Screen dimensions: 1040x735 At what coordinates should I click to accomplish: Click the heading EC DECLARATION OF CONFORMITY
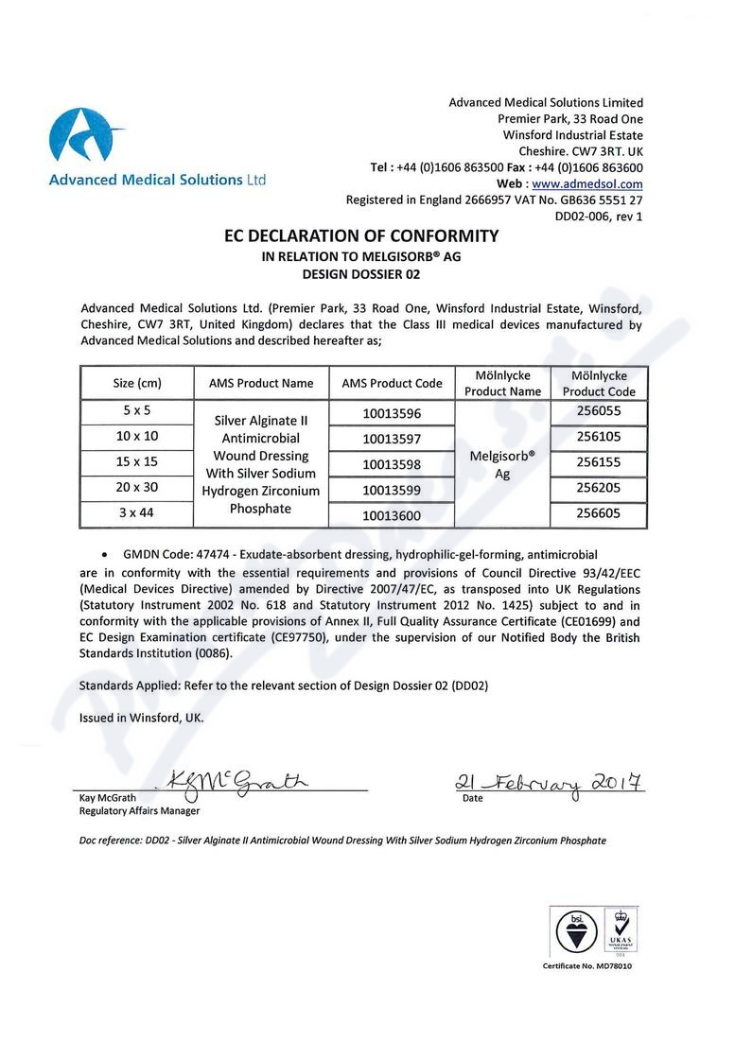360,235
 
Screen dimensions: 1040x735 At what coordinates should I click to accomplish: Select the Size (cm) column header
137,383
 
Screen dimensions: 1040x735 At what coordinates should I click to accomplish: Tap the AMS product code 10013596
392,413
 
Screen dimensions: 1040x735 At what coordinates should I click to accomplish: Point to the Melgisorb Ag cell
502,464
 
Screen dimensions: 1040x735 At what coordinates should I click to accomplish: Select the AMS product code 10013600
392,515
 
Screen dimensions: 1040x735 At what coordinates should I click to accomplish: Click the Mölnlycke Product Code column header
599,383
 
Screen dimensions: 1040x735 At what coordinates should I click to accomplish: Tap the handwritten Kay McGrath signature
236,783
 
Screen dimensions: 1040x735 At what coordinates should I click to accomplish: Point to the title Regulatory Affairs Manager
139,810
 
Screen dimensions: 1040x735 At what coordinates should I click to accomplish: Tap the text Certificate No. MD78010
587,966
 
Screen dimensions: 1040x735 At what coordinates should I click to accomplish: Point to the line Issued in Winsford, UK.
141,718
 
